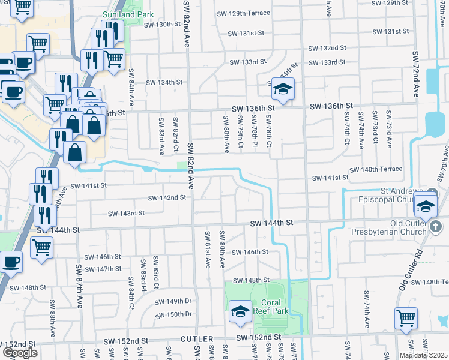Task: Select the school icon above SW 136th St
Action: pyautogui.click(x=281, y=89)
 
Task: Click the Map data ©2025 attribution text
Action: pyautogui.click(x=423, y=355)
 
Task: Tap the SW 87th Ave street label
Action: pyautogui.click(x=79, y=286)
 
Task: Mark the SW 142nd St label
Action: pyautogui.click(x=167, y=198)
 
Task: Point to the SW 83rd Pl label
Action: pyautogui.click(x=143, y=272)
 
